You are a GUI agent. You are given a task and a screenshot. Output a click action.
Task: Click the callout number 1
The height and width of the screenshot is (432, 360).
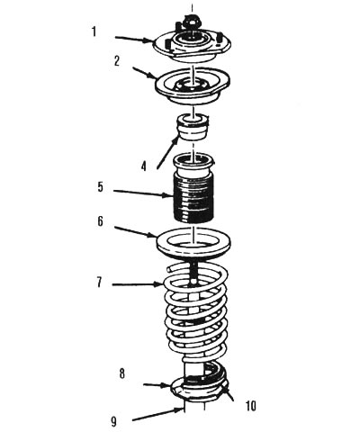click(94, 31)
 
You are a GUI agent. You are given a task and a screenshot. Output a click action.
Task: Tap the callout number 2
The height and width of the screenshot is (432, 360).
click(117, 61)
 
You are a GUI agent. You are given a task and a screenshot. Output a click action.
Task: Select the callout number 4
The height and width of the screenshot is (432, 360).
click(144, 166)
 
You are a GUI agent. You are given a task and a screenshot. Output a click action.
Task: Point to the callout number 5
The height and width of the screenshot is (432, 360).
click(100, 187)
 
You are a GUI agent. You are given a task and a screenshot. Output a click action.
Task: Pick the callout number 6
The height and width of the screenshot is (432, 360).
click(100, 221)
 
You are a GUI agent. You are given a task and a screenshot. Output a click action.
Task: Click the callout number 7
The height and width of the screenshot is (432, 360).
click(100, 282)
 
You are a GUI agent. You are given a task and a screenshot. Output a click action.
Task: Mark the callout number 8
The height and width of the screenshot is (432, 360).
click(121, 373)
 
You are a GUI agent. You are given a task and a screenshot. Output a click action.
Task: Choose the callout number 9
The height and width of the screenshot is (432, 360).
click(114, 421)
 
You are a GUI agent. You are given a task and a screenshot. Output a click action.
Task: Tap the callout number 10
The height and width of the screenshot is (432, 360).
click(251, 406)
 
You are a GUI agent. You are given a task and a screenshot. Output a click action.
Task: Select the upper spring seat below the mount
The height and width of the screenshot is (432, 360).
click(193, 87)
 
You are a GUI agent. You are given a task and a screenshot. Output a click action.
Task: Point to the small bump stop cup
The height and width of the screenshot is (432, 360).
click(193, 127)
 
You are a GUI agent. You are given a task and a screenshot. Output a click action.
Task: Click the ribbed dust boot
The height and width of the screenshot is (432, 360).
click(193, 188)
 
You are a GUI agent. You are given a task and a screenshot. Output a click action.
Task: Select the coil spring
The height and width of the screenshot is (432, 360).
click(195, 312)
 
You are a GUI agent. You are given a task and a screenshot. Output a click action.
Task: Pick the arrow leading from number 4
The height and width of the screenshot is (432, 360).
click(168, 152)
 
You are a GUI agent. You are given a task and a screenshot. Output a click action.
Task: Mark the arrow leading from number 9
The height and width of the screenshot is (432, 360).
click(157, 415)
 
